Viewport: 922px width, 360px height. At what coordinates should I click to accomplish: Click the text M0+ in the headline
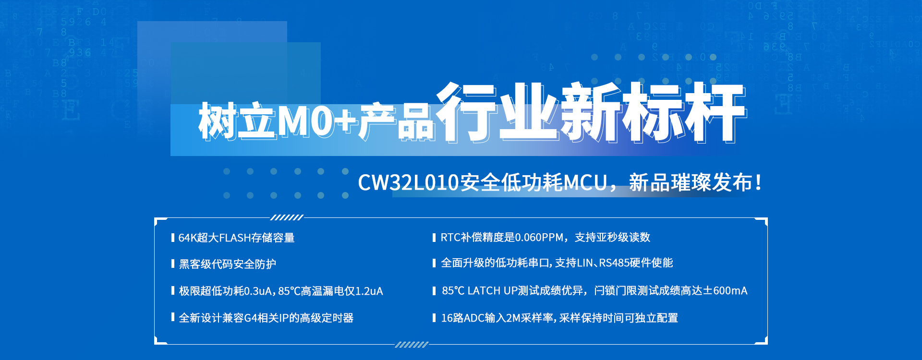317,121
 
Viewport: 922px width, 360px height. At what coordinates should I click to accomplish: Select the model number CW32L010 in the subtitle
409,182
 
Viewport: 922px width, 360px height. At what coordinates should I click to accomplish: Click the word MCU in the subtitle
585,182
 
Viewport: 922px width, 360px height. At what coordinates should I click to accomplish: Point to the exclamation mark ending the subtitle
758,182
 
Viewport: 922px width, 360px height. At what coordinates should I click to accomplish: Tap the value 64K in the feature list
187,238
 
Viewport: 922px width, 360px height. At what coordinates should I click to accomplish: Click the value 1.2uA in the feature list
369,291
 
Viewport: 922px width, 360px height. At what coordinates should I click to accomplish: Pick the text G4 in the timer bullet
251,318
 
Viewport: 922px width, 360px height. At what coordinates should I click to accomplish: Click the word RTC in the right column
450,237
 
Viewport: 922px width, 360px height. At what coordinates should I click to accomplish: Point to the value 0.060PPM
539,237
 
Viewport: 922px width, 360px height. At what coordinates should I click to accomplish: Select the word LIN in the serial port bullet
584,263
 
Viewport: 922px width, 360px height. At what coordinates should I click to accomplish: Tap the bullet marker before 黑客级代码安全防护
172,264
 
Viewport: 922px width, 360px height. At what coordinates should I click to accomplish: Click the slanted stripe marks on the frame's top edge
287,217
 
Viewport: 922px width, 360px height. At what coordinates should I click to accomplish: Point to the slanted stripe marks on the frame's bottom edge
412,345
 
